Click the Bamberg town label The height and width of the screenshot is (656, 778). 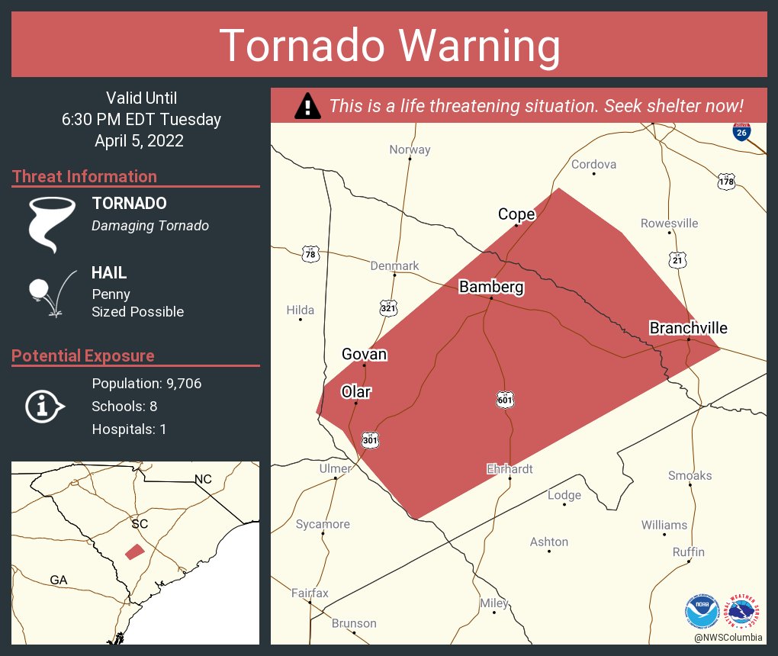tap(490, 287)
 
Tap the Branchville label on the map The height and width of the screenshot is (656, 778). tap(688, 328)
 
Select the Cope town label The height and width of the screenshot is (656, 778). tap(516, 214)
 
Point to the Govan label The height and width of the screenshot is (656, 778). tap(364, 354)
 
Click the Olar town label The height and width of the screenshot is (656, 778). tap(355, 391)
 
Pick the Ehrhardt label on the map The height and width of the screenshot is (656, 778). tap(510, 469)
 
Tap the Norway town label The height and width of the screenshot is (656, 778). tap(410, 150)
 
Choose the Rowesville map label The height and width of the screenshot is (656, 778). tap(669, 223)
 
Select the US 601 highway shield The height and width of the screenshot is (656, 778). tap(504, 399)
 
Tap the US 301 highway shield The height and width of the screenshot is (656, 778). tap(370, 440)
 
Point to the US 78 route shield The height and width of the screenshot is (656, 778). tap(310, 255)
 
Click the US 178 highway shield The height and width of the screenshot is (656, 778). tap(725, 182)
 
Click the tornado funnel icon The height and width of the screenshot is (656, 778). tap(51, 223)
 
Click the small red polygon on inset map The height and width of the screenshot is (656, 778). tap(134, 551)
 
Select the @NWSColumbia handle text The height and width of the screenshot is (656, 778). tap(728, 637)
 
